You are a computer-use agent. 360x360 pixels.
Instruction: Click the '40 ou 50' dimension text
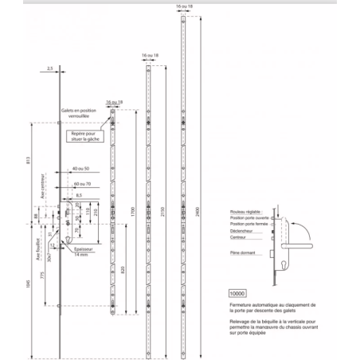80,170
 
